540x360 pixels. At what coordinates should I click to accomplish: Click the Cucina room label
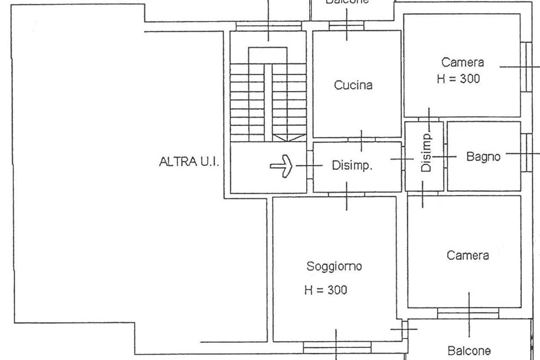353,85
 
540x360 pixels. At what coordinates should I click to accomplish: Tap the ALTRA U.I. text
189,162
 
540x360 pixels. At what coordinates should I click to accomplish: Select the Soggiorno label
334,266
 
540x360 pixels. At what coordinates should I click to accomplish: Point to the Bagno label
483,157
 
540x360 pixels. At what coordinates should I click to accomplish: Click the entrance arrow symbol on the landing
282,166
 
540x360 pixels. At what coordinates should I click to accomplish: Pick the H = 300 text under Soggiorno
325,290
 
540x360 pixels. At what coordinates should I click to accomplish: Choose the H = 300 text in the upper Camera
458,79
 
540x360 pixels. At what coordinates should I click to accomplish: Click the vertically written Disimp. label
427,153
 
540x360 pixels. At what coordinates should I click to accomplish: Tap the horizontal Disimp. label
352,166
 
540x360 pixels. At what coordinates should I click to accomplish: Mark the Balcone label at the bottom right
469,350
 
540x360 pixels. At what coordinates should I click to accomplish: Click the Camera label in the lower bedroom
468,256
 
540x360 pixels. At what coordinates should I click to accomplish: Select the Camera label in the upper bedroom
462,62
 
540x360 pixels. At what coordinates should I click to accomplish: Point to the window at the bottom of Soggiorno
337,346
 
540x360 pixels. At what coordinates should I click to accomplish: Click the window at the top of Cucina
346,27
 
